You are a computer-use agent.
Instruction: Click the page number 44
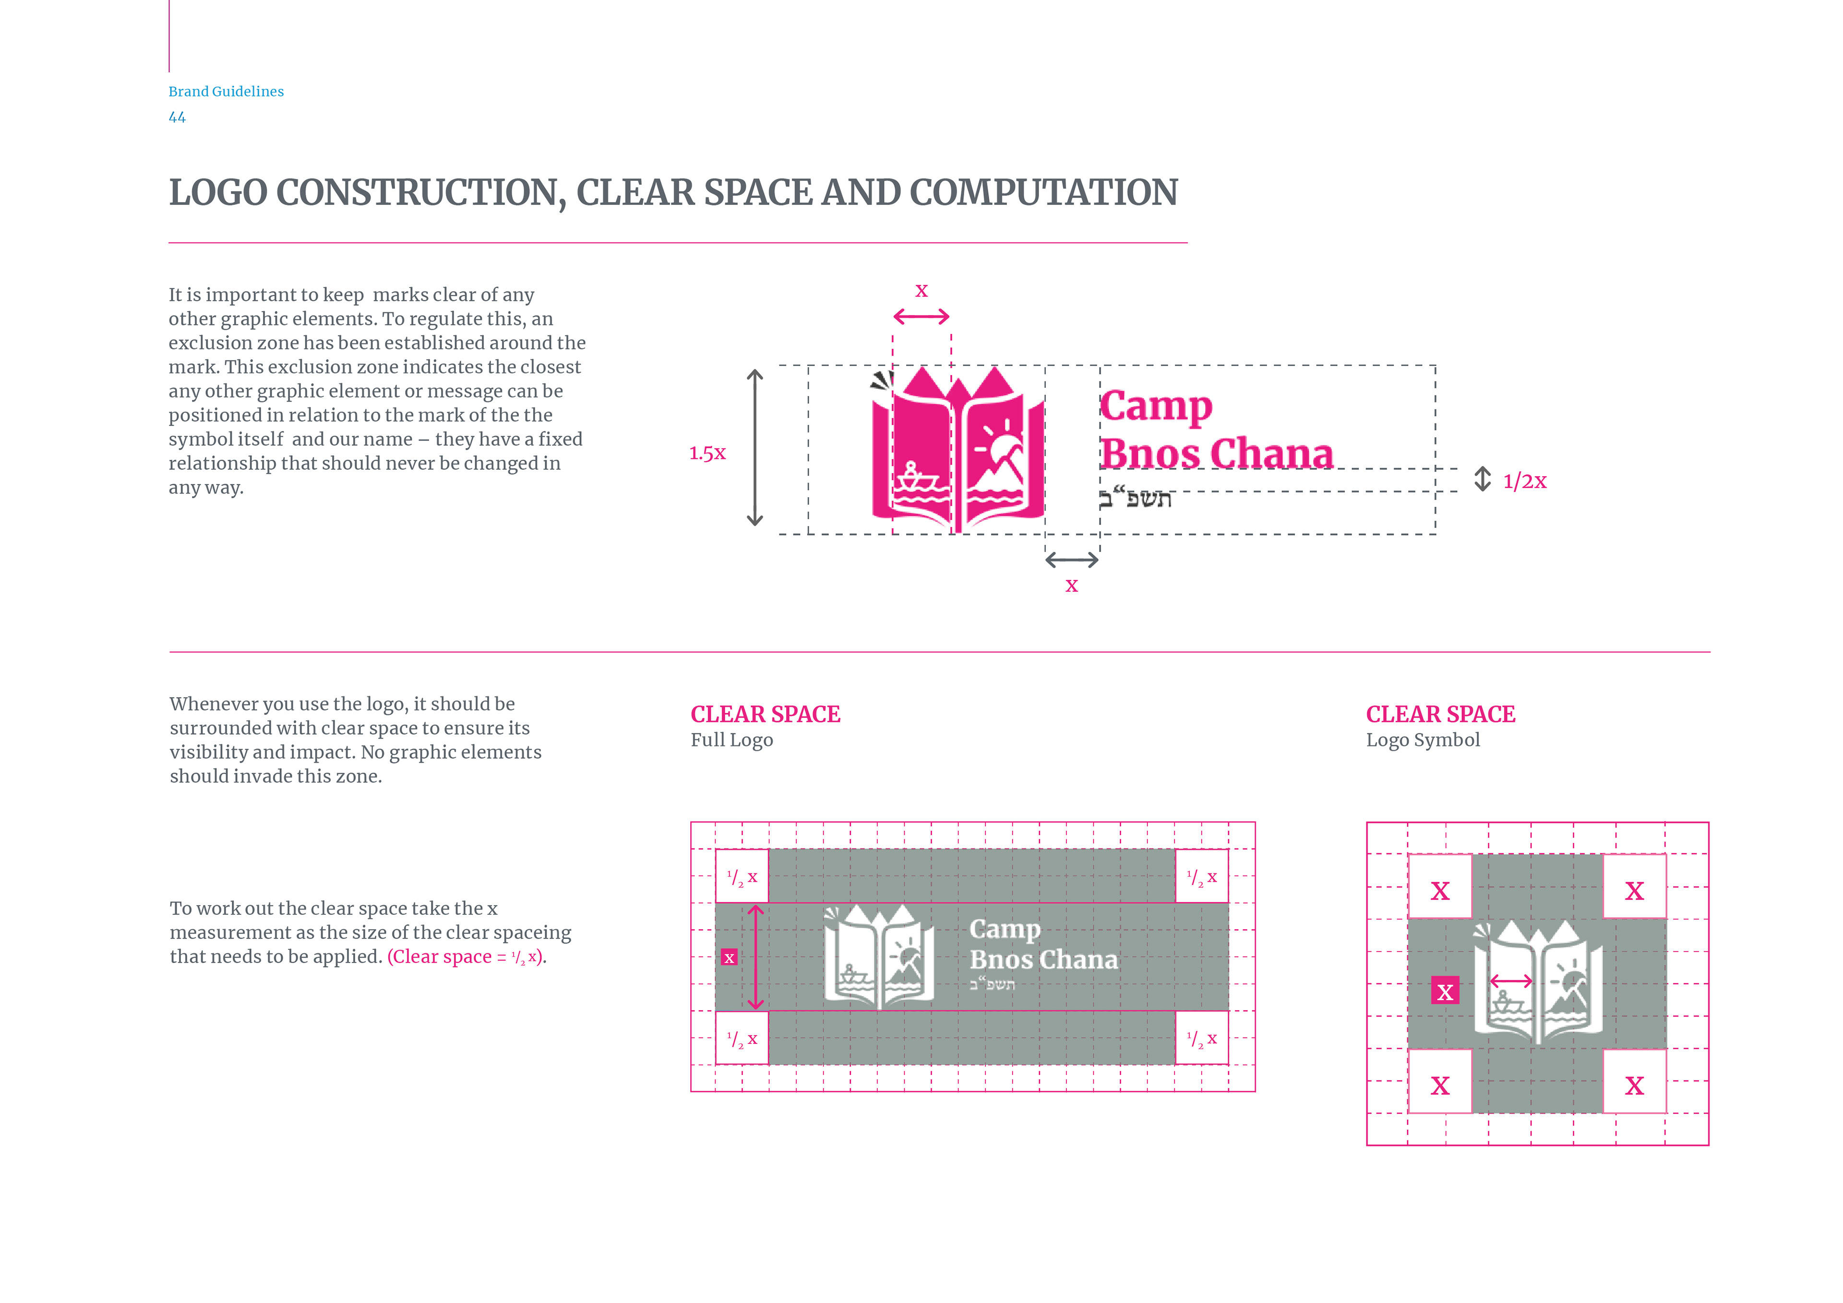click(177, 117)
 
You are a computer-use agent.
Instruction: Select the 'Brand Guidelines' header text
click(226, 92)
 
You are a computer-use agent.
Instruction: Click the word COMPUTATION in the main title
click(1043, 192)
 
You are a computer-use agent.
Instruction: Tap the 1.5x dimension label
click(707, 454)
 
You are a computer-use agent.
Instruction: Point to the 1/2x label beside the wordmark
click(1524, 482)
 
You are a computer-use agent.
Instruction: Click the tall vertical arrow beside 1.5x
click(754, 448)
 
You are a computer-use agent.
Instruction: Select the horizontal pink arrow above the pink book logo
click(921, 317)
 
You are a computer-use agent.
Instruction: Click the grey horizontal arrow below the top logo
click(1072, 561)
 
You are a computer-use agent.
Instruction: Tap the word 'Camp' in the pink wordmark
click(1156, 406)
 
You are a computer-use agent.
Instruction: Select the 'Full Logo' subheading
click(731, 740)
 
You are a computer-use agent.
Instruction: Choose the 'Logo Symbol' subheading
click(1423, 740)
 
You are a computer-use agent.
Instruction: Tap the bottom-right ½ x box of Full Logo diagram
click(1202, 1038)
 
